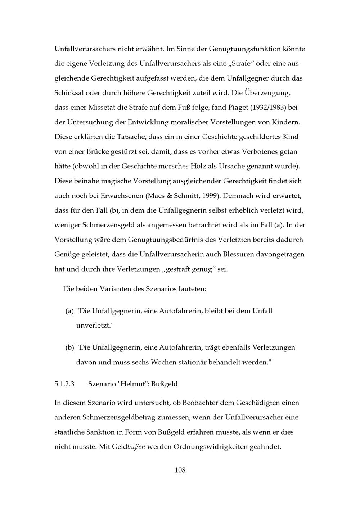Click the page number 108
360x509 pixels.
pyautogui.click(x=180, y=470)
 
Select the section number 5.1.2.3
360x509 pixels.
pyautogui.click(x=64, y=384)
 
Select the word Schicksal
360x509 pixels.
pyautogui.click(x=69, y=93)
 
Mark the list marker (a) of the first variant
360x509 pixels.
pyautogui.click(x=69, y=311)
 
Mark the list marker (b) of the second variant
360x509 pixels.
pyautogui.click(x=69, y=347)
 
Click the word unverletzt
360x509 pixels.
pyautogui.click(x=94, y=326)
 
